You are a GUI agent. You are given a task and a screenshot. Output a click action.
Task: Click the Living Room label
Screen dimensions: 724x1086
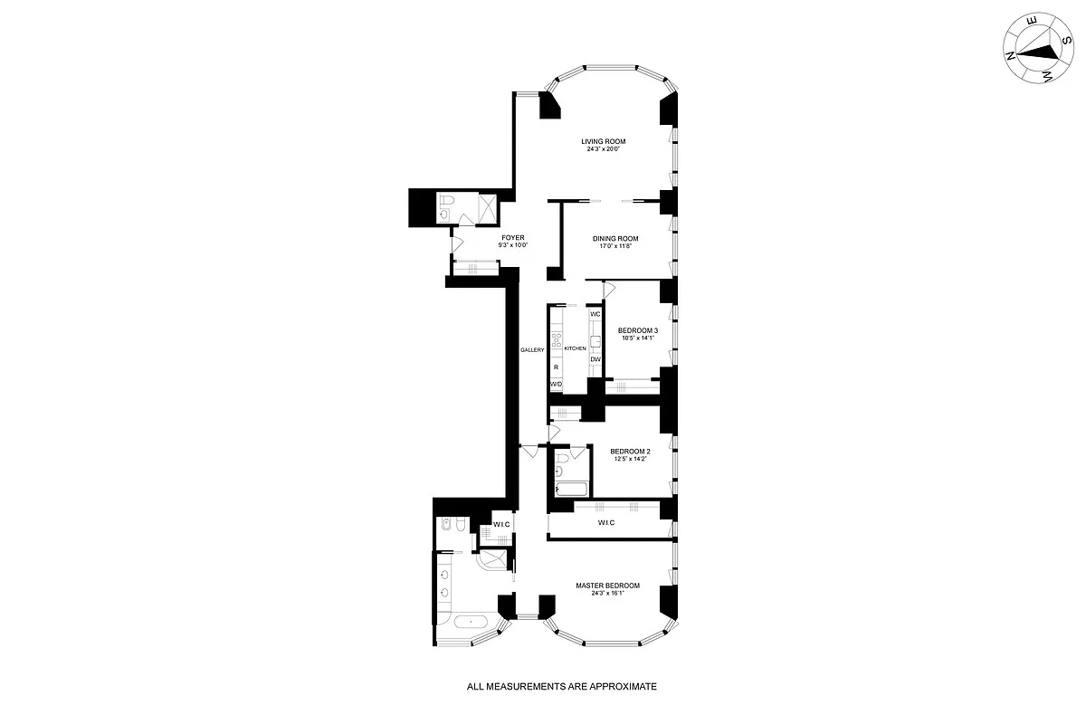pyautogui.click(x=604, y=141)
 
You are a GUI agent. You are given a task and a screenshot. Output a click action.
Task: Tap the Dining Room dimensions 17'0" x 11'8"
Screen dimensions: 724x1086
pyautogui.click(x=615, y=246)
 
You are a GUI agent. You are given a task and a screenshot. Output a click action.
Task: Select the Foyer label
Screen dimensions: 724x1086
pyautogui.click(x=513, y=237)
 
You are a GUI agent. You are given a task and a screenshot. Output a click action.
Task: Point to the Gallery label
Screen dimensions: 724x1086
pyautogui.click(x=531, y=350)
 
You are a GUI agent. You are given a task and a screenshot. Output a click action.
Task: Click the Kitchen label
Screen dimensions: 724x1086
pyautogui.click(x=576, y=348)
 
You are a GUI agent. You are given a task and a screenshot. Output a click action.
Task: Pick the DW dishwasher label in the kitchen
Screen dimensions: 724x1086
pyautogui.click(x=595, y=359)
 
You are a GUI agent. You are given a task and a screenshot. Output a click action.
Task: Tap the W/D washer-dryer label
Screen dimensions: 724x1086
pyautogui.click(x=556, y=385)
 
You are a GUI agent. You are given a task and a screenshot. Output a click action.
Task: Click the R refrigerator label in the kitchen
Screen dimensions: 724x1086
pyautogui.click(x=555, y=367)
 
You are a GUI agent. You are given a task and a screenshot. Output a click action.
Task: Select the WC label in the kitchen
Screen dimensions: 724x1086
pyautogui.click(x=595, y=314)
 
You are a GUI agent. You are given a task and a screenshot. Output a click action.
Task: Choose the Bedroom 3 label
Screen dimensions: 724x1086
pyautogui.click(x=637, y=330)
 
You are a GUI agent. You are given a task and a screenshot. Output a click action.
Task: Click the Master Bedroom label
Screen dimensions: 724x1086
pyautogui.click(x=607, y=586)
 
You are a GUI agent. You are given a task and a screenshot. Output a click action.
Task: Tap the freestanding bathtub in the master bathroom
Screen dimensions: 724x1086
pyautogui.click(x=471, y=624)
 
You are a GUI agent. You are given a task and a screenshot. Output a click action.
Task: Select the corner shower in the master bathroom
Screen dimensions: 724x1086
pyautogui.click(x=494, y=563)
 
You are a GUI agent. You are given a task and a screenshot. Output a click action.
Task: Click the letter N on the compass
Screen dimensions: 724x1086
pyautogui.click(x=1010, y=54)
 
